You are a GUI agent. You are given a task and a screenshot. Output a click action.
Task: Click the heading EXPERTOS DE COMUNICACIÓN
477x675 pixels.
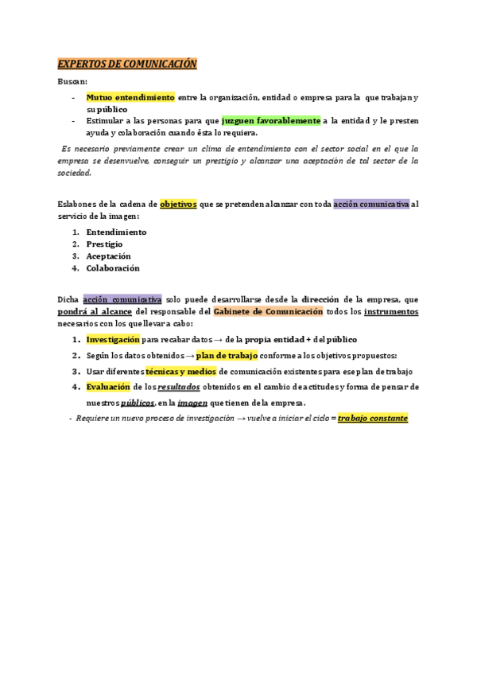tap(127, 64)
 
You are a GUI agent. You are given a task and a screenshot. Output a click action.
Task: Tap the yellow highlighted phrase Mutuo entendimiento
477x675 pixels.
tap(130, 97)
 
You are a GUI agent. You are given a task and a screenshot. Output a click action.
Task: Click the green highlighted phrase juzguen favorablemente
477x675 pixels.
tap(271, 121)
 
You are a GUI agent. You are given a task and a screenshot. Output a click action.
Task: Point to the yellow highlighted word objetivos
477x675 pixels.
tap(178, 205)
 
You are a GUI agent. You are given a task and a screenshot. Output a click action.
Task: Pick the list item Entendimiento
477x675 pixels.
tap(116, 232)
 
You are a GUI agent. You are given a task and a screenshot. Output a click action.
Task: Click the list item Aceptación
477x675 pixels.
tap(108, 256)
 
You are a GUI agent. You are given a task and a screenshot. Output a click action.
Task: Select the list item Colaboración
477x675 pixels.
tap(113, 268)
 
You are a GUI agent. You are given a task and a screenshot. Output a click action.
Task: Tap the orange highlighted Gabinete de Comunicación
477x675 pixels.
tap(269, 311)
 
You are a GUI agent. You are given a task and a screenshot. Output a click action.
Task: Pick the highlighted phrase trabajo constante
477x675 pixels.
tap(373, 418)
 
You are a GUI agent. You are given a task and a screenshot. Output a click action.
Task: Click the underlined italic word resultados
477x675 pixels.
tap(179, 387)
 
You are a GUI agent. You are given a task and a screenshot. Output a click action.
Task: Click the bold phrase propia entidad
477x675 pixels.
tap(274, 338)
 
